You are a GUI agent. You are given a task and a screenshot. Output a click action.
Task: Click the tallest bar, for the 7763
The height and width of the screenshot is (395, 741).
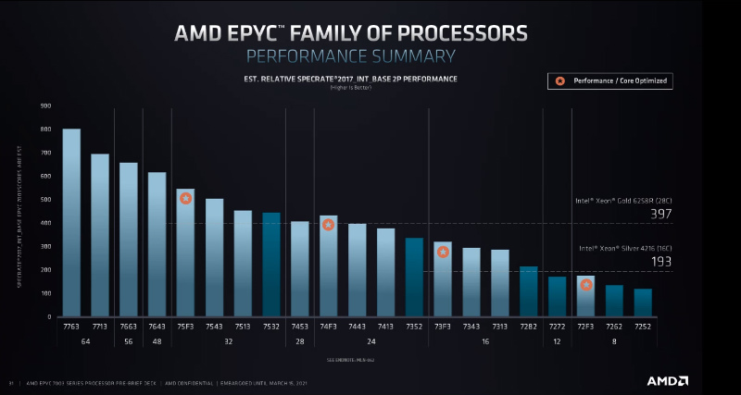71,222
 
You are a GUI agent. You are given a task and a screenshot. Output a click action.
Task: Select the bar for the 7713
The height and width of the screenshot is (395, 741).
100,235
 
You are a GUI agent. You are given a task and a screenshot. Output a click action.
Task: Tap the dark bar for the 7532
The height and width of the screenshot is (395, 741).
270,265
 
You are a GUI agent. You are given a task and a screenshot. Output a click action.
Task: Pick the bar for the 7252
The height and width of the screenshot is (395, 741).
642,302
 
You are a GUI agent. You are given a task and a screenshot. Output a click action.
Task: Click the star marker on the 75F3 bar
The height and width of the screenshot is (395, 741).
185,198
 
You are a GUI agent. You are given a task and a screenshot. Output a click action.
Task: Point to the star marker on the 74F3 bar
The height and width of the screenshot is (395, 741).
328,225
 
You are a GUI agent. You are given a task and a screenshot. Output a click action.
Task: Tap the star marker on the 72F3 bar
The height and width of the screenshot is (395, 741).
586,285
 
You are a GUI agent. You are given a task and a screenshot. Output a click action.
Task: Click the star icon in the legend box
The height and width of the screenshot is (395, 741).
559,81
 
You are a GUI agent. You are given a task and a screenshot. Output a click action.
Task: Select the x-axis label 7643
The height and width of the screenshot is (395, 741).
157,327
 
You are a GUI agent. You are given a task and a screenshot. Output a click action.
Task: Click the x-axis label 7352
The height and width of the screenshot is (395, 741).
414,327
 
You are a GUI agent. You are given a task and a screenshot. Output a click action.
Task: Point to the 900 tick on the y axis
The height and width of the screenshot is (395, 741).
45,105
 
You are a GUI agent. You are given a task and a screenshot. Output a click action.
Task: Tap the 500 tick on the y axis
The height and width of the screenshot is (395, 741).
45,200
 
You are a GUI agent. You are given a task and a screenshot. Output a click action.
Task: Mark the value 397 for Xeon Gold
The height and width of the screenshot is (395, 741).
660,215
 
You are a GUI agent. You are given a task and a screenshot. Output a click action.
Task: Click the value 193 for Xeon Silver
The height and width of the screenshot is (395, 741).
660,262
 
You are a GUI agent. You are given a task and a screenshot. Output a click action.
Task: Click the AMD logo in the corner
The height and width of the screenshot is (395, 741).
668,380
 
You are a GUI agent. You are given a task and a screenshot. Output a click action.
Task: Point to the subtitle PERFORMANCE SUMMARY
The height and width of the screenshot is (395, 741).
351,56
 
